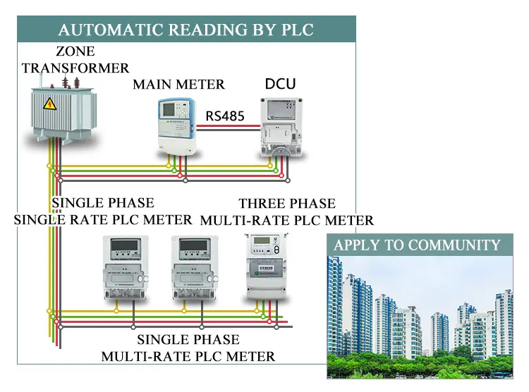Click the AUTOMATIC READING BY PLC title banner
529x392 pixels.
coord(186,30)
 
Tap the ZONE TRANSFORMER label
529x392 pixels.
coord(75,60)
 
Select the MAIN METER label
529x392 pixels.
coord(179,85)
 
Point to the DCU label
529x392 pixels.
coord(280,85)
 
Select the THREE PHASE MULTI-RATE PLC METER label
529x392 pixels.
coord(287,212)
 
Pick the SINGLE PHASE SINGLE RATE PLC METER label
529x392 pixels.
coord(103,211)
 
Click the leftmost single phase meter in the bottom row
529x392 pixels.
coord(127,268)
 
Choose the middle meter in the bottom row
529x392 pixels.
coord(192,268)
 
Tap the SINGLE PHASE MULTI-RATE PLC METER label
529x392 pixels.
coord(188,348)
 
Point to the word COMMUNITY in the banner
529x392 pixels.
coord(455,245)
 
